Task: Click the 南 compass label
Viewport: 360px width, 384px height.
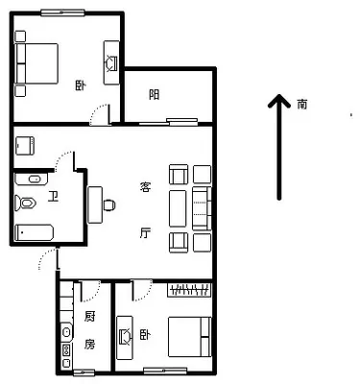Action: point(302,105)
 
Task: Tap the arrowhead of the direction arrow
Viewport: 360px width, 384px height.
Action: point(279,101)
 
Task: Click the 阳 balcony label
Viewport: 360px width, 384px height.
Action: point(155,95)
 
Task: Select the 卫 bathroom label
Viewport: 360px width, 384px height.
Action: point(53,196)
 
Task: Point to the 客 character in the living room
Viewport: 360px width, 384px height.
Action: point(145,186)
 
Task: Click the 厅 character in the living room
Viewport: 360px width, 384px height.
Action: point(145,232)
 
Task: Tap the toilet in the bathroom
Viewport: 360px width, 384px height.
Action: point(25,203)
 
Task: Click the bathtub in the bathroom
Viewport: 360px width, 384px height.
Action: point(34,232)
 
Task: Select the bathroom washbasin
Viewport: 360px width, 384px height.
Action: point(32,179)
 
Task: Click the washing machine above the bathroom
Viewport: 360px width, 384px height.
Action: point(25,146)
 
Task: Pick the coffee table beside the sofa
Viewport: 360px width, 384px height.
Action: point(178,208)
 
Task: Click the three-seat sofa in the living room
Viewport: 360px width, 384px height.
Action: point(202,208)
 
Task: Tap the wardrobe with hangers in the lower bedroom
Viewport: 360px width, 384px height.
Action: point(189,290)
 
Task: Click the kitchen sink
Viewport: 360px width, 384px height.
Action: point(66,332)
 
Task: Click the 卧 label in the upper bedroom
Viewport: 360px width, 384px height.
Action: point(81,85)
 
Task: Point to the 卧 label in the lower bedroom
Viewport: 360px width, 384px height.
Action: point(145,335)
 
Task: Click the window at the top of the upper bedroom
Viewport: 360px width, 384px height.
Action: point(62,12)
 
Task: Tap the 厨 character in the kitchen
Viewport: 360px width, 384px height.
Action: point(90,317)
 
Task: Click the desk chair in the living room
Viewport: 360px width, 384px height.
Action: point(109,205)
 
